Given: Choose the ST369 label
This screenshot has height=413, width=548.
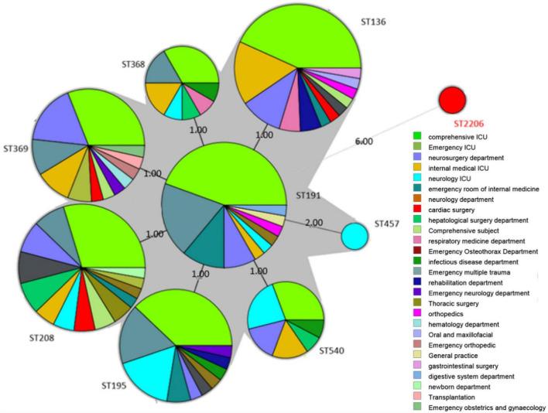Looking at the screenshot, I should coord(17,146).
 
